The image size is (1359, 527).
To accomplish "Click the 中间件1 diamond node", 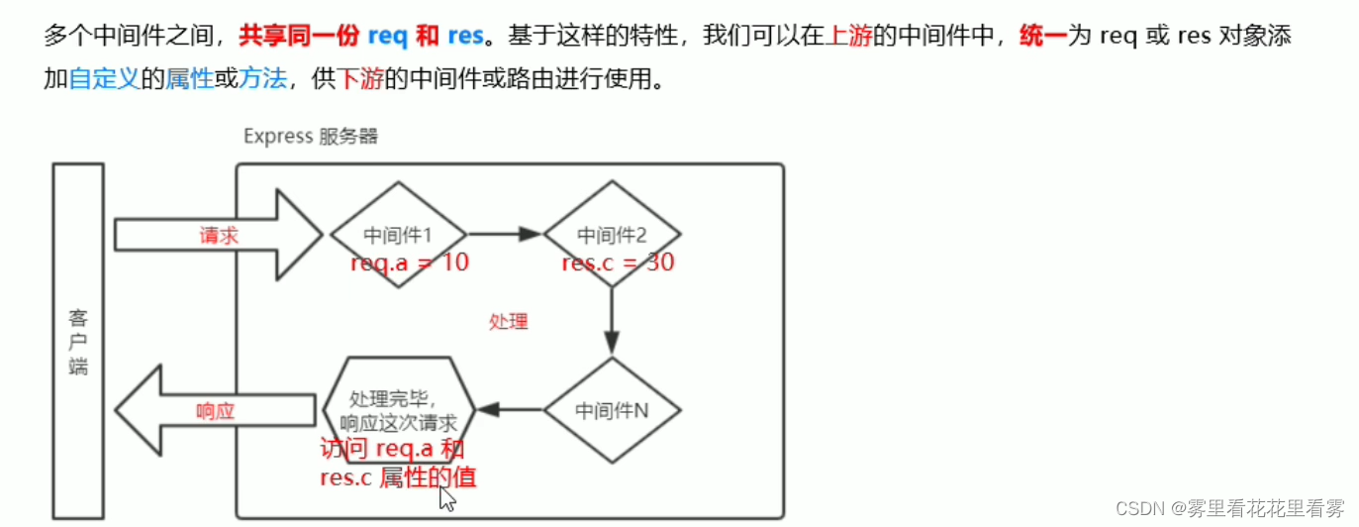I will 398,235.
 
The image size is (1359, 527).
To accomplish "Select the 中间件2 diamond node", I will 612,235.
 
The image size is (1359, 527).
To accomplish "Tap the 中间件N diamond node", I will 612,409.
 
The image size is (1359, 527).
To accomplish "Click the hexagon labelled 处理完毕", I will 399,409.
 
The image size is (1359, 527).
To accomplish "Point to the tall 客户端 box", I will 78,342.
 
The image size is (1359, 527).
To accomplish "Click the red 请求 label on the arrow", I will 219,235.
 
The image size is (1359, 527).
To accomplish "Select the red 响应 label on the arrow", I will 216,410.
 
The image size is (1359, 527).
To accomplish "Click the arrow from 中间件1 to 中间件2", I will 504,235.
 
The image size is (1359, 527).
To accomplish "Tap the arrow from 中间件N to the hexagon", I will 509,409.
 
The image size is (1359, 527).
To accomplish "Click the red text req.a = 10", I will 409,263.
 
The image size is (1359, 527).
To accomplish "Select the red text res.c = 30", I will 618,263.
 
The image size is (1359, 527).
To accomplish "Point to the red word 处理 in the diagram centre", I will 508,321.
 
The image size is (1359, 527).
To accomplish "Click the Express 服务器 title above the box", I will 311,137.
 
